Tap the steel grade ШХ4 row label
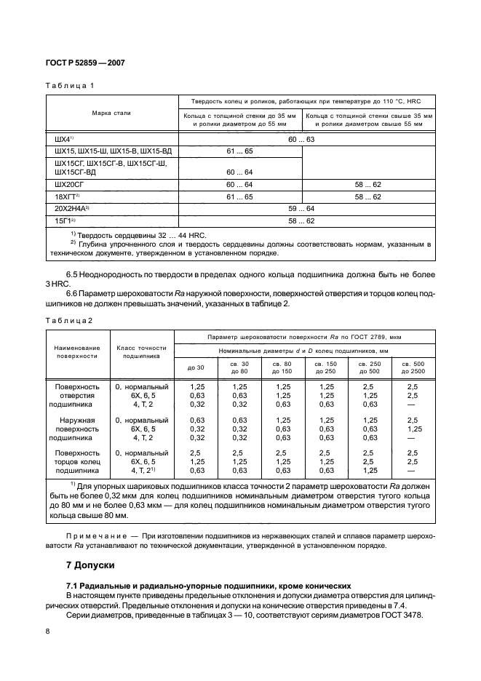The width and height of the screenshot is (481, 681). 65,138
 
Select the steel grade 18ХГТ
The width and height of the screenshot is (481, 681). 66,196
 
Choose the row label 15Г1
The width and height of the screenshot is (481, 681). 65,220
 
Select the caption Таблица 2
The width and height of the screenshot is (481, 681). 71,321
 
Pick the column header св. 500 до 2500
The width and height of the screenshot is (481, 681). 413,367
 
